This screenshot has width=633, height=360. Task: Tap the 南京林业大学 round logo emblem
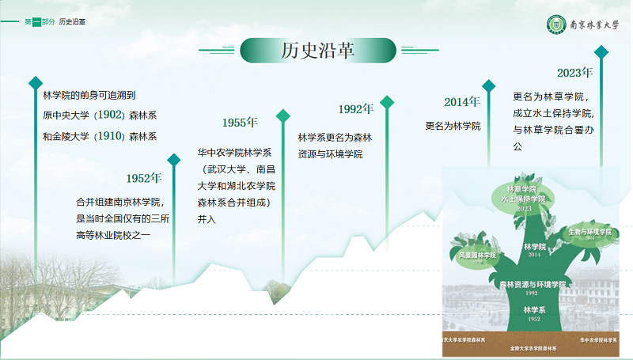tap(558, 25)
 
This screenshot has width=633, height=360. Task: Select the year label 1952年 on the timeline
tap(144, 178)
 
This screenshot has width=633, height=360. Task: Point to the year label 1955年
tap(240, 123)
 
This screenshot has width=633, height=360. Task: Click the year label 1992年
tap(355, 109)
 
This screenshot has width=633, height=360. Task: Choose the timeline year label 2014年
tap(461, 102)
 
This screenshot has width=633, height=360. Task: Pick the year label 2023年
tap(574, 73)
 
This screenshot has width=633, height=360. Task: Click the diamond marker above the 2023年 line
tap(601, 52)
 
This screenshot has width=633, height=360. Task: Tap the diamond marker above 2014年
tap(489, 85)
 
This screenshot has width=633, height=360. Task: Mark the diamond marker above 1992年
tap(387, 102)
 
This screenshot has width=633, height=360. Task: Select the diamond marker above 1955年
tap(283, 116)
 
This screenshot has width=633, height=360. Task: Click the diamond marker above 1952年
tap(174, 160)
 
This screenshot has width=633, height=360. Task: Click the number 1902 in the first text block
tap(109, 116)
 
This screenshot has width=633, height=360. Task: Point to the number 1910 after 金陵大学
tap(109, 136)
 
